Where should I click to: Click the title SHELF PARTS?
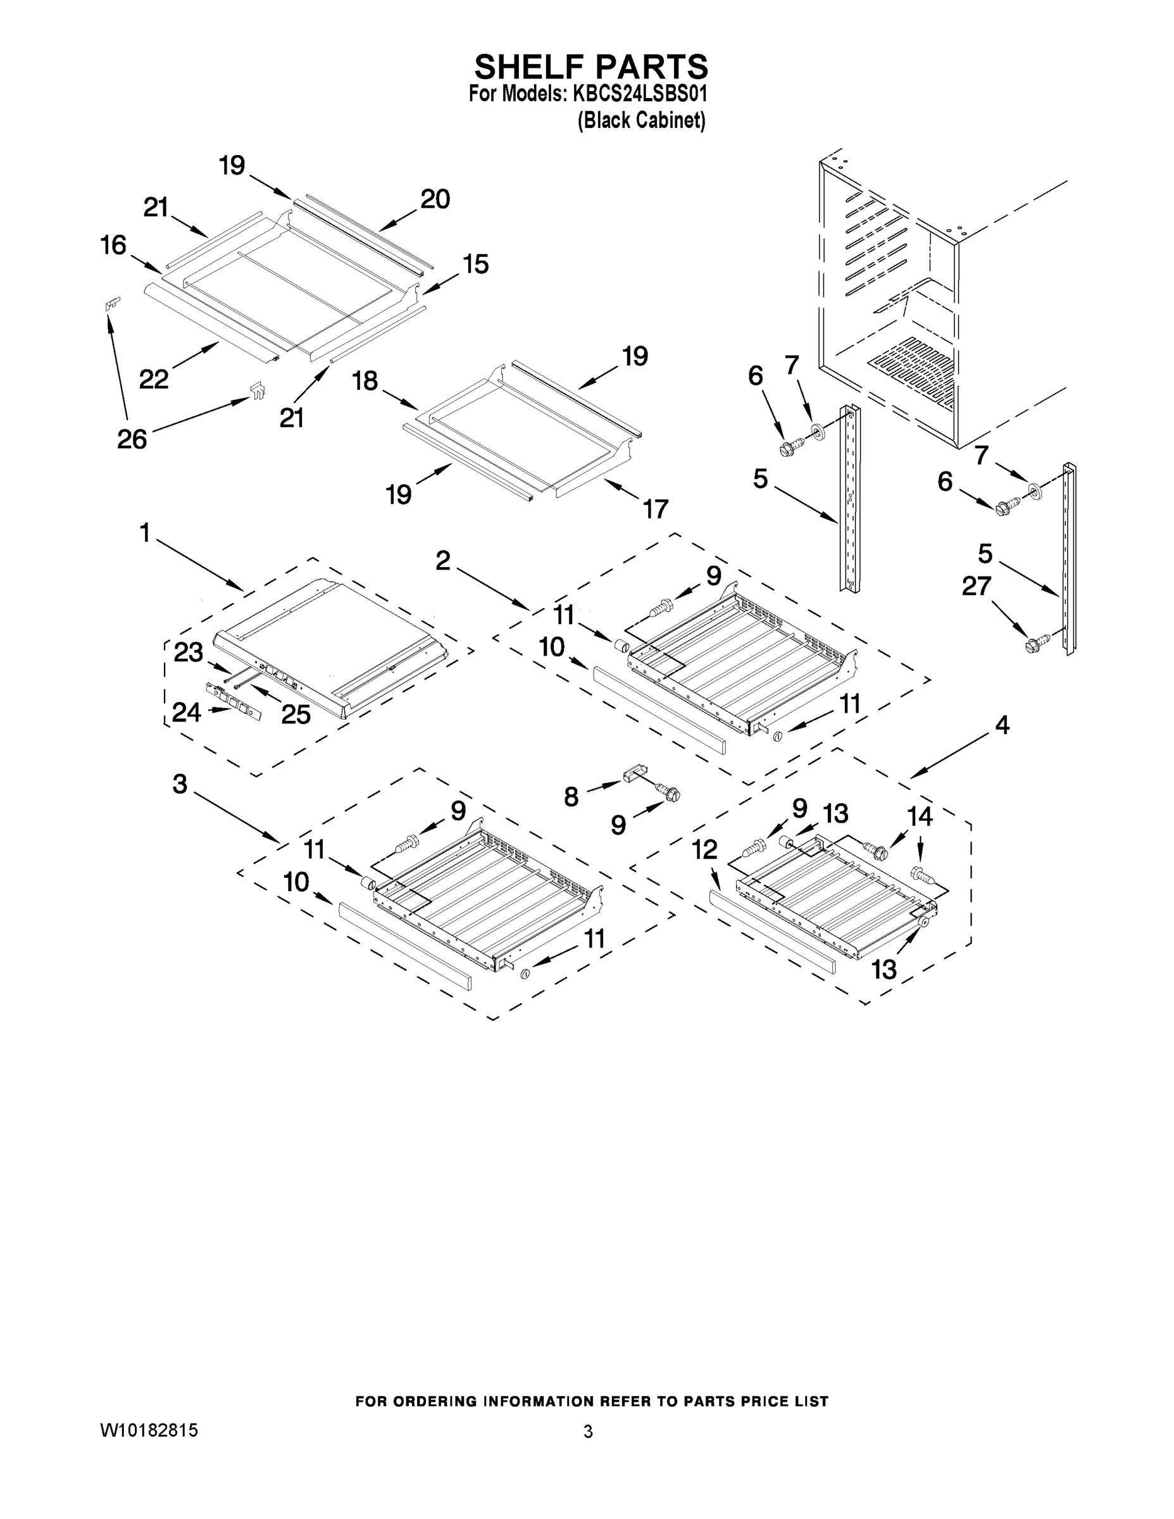(590, 68)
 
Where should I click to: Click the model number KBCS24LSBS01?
(639, 93)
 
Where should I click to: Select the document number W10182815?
(149, 1430)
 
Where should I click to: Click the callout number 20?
(435, 199)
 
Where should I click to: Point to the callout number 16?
(113, 245)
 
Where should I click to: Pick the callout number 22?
(154, 379)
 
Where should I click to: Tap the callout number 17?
(654, 508)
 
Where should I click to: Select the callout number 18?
(365, 380)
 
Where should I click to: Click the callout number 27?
(976, 586)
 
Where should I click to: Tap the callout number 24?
(187, 711)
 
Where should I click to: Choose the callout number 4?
(1001, 725)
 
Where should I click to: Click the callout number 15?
(476, 265)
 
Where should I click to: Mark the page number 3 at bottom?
(588, 1432)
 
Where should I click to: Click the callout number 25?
(296, 715)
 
